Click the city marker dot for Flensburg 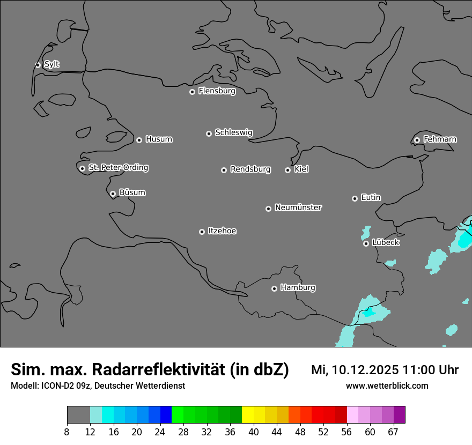[192, 92]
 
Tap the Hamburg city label [298, 288]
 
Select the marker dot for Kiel [287, 170]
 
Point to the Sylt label [51, 64]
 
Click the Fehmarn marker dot [417, 140]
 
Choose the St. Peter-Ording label [118, 168]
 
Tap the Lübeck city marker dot [366, 243]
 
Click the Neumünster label [298, 207]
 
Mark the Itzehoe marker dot [202, 232]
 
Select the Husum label [159, 139]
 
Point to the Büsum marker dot [113, 194]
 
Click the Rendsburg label [250, 169]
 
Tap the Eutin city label [371, 198]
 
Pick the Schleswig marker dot [209, 133]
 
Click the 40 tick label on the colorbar [254, 432]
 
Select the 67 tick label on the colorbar [393, 432]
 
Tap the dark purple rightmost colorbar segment [399, 415]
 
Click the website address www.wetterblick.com [387, 386]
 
